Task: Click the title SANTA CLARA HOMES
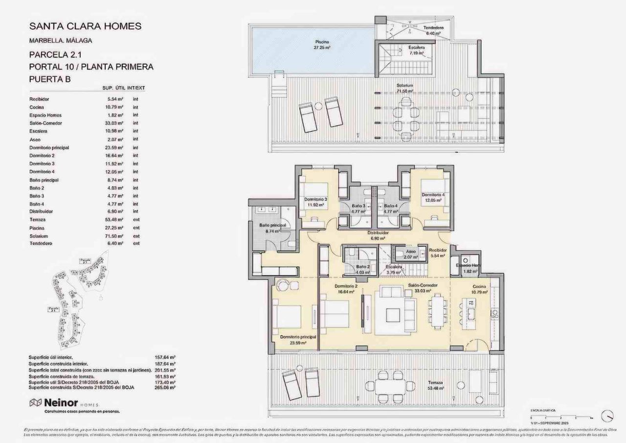click(x=86, y=26)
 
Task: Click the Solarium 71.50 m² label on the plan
click(x=404, y=88)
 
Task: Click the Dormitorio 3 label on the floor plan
click(x=315, y=202)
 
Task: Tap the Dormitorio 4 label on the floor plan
click(x=433, y=197)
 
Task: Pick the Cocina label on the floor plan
click(x=479, y=288)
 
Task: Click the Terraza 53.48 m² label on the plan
click(x=434, y=385)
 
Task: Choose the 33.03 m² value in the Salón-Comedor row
click(x=113, y=123)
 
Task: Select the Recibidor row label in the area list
click(x=39, y=99)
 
